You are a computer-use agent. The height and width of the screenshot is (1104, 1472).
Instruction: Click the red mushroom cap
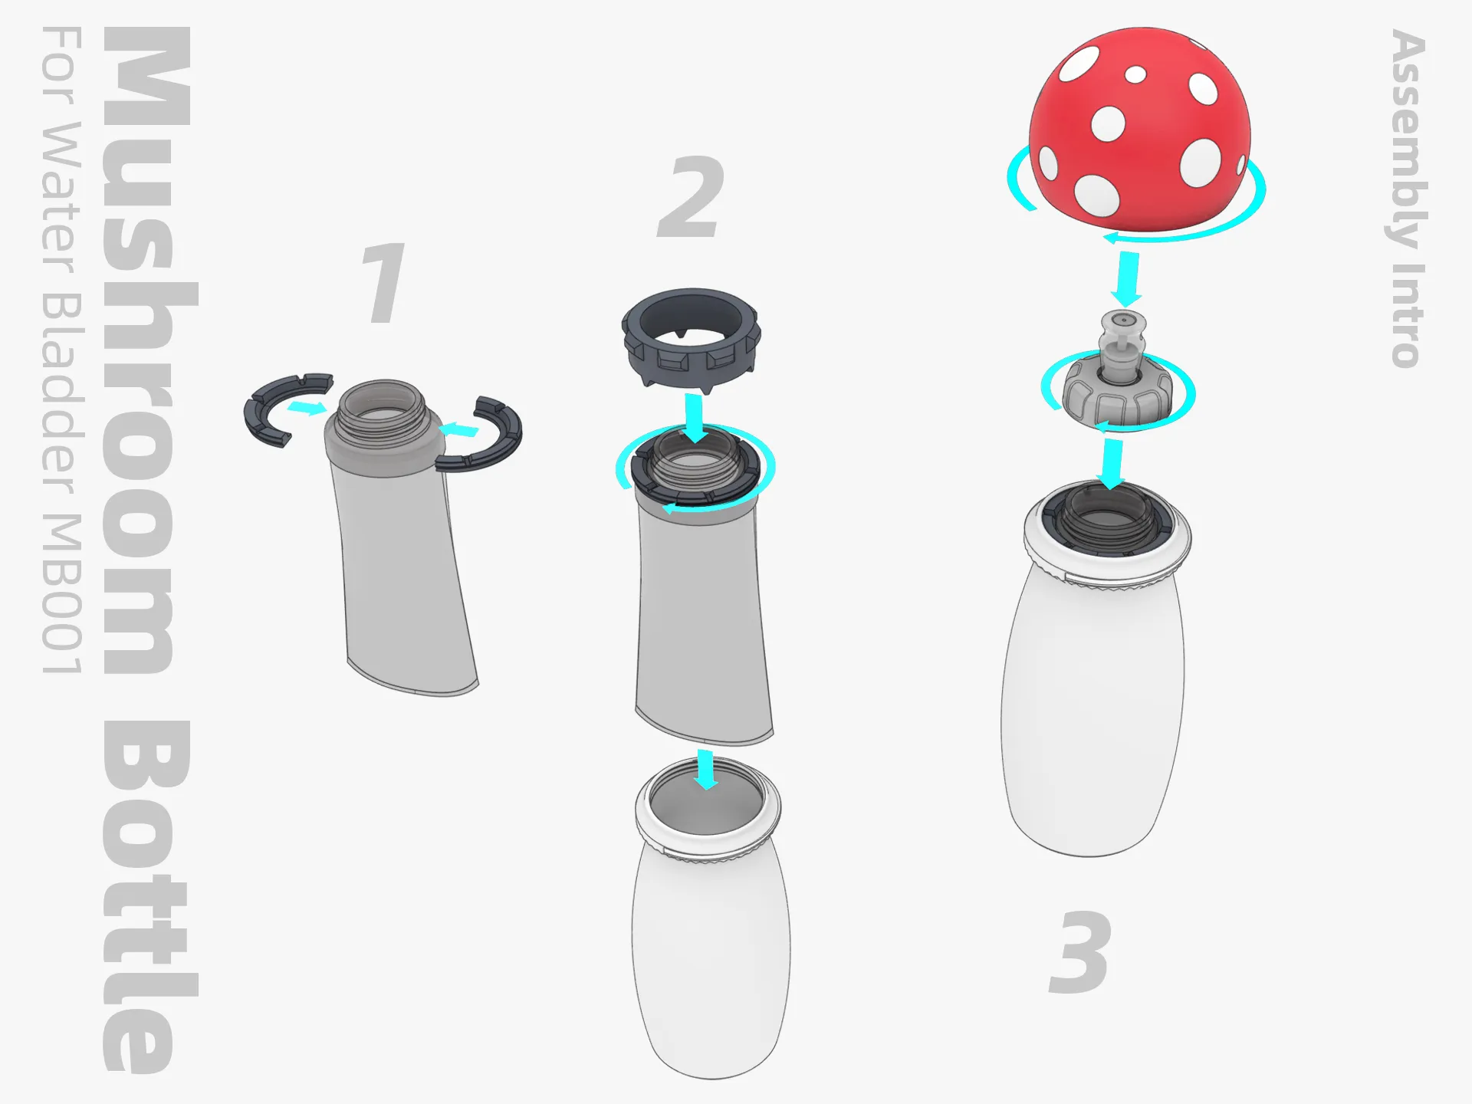click(1140, 130)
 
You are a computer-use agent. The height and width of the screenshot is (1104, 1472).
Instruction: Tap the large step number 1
click(383, 282)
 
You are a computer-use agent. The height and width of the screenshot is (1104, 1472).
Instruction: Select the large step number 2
click(692, 197)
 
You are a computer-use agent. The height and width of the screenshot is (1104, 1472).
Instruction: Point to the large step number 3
click(1079, 952)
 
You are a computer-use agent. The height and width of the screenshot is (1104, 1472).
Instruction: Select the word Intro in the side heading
click(1408, 315)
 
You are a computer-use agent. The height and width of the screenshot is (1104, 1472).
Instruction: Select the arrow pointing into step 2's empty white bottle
click(705, 770)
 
